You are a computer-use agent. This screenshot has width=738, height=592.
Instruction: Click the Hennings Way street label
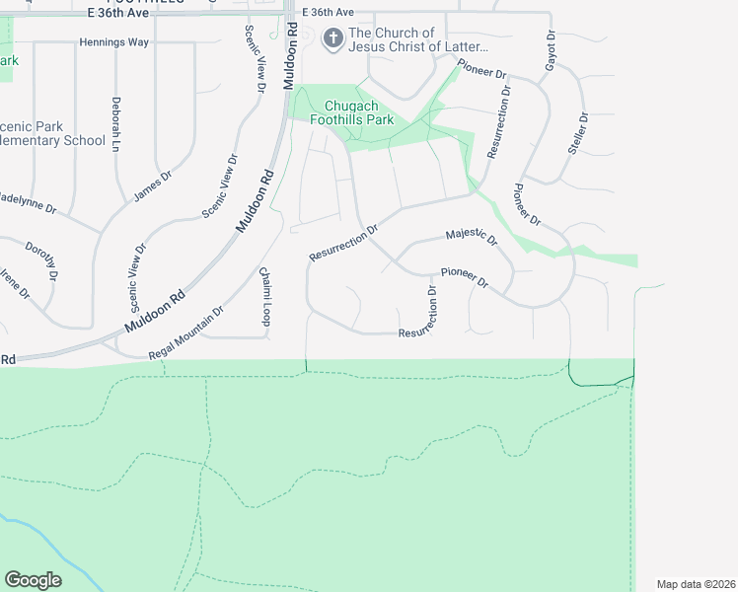click(114, 43)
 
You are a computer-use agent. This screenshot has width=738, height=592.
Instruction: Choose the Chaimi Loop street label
click(265, 296)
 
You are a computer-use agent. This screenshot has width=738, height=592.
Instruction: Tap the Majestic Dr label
click(472, 237)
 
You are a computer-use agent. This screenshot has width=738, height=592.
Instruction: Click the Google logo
click(33, 580)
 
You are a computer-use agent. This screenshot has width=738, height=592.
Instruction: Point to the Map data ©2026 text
click(696, 584)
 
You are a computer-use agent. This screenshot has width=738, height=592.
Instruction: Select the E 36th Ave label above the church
click(329, 12)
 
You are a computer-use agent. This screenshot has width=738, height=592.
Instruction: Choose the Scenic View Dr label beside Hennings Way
click(256, 59)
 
